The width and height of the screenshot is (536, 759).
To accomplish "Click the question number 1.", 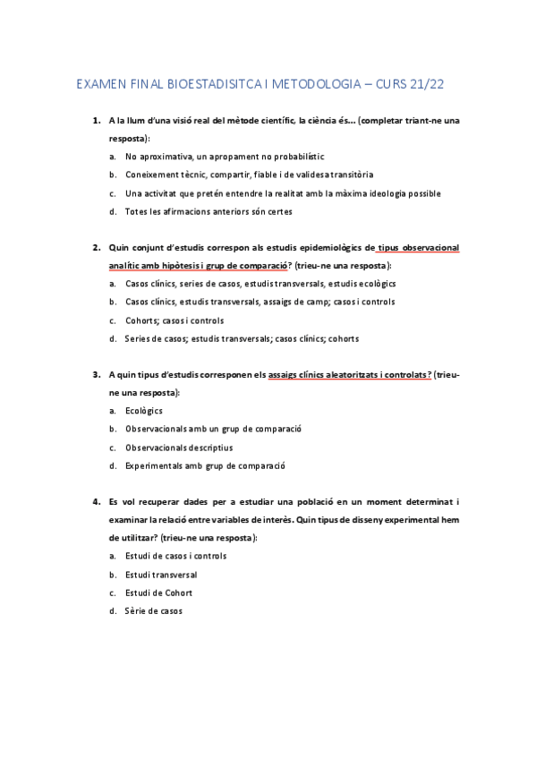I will point(96,120).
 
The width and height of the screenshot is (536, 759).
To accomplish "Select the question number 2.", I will point(96,247).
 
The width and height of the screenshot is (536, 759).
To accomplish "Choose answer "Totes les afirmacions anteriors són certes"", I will point(208,211).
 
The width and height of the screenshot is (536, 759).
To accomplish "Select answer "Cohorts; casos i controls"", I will point(174,320).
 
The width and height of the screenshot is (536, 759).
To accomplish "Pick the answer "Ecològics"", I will point(144,411).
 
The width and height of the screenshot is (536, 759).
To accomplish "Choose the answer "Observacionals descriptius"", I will point(179,448).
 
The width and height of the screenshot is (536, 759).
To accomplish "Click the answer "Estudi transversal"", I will point(161,575).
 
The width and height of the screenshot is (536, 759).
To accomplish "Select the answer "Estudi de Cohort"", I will point(158,593).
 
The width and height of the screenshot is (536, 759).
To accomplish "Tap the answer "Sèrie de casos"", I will point(153,611).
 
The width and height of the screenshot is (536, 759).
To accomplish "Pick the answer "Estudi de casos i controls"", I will point(175,556).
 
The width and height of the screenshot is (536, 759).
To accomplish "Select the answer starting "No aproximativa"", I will point(225,157).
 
